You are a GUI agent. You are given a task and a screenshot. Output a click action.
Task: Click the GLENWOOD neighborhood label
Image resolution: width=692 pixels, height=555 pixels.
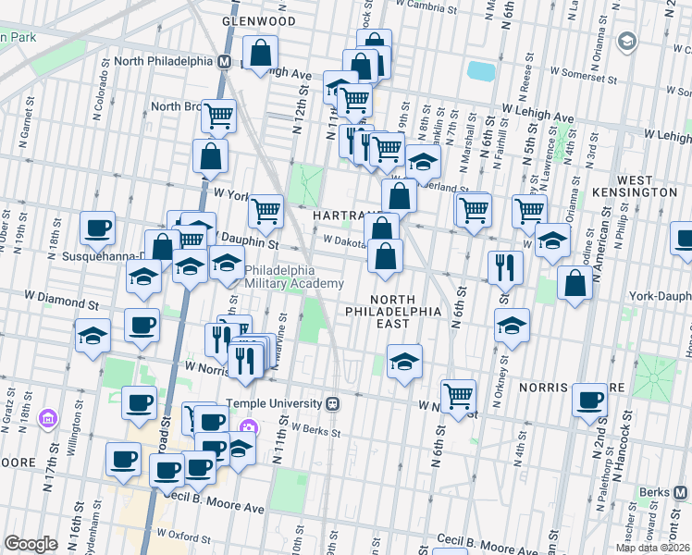(258, 20)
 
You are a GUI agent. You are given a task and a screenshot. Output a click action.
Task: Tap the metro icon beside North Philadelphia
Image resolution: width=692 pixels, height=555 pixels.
(224, 62)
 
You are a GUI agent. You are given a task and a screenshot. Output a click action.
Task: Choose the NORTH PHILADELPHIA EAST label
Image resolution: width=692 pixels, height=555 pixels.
(407, 305)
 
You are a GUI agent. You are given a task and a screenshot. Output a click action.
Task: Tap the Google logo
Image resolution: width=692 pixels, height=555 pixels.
(31, 543)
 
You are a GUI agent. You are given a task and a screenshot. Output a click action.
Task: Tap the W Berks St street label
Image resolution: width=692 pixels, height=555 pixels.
(315, 430)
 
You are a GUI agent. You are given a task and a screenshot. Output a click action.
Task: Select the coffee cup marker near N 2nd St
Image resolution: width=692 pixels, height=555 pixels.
(588, 400)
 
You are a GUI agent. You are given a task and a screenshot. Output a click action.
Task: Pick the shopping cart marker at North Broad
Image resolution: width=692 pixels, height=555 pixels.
(219, 116)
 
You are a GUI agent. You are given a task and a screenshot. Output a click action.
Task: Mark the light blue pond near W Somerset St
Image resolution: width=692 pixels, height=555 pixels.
(481, 70)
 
